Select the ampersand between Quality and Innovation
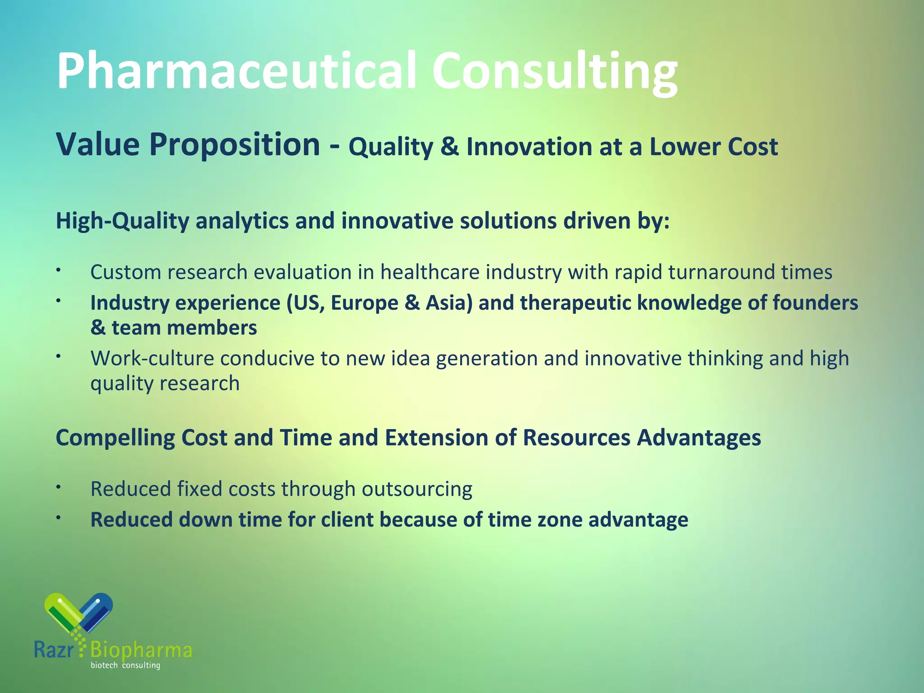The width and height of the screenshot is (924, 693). [x=449, y=147]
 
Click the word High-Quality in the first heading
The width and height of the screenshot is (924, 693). [x=122, y=221]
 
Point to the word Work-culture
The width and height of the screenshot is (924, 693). [x=152, y=359]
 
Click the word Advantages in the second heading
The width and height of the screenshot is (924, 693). [x=699, y=438]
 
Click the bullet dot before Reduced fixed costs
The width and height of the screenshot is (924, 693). [x=58, y=487]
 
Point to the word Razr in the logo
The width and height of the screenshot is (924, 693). [x=53, y=650]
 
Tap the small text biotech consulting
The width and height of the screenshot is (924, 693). [x=125, y=665]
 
